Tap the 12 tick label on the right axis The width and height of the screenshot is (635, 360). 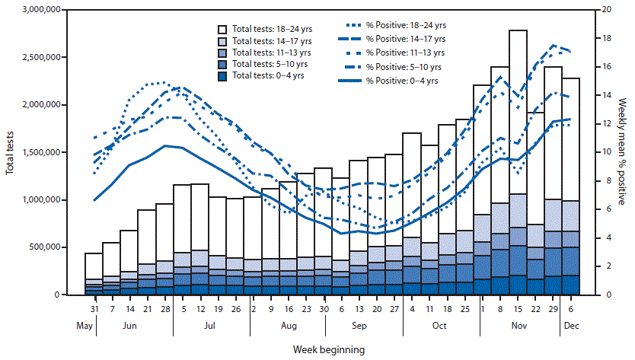(x=606, y=124)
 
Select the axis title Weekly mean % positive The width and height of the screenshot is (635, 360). (x=627, y=152)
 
